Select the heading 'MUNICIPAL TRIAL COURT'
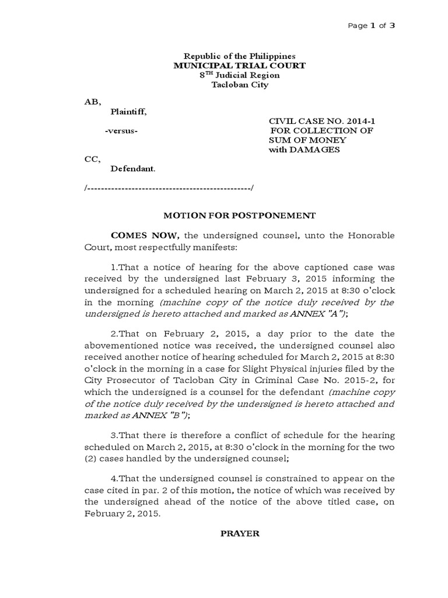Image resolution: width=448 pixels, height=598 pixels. pos(239,66)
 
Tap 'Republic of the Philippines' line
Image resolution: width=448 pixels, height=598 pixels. pos(239,57)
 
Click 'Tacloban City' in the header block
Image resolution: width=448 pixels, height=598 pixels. pos(239,85)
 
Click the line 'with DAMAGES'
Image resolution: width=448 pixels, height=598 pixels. pos(303,150)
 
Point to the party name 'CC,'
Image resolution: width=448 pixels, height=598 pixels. pos(93,159)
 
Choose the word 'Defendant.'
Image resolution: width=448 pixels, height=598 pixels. pos(133,169)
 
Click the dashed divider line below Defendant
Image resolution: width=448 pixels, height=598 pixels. pos(169,189)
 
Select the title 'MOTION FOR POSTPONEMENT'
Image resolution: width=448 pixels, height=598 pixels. pos(239,215)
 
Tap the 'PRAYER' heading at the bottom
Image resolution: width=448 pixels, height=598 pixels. pos(239,534)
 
